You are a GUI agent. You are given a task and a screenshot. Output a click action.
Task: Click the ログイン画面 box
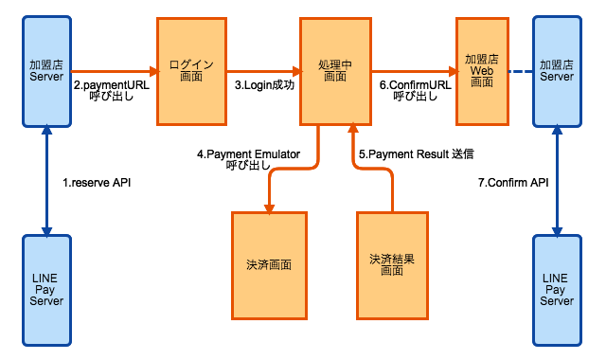coord(191,71)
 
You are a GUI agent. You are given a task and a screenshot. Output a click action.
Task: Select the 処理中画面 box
coord(334,71)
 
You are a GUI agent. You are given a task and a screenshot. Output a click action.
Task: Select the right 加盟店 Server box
coord(556,71)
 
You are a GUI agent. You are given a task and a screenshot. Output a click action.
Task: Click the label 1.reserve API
coord(95,181)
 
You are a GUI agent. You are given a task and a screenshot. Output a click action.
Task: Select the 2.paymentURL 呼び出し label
coord(112,90)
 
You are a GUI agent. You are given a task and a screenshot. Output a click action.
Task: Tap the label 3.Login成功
coord(264,84)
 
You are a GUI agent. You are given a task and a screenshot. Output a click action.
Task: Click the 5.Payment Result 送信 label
coord(417,153)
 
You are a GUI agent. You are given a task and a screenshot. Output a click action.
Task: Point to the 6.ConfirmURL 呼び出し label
coord(415,90)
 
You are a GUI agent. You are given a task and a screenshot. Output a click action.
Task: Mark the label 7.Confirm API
coord(513,181)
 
